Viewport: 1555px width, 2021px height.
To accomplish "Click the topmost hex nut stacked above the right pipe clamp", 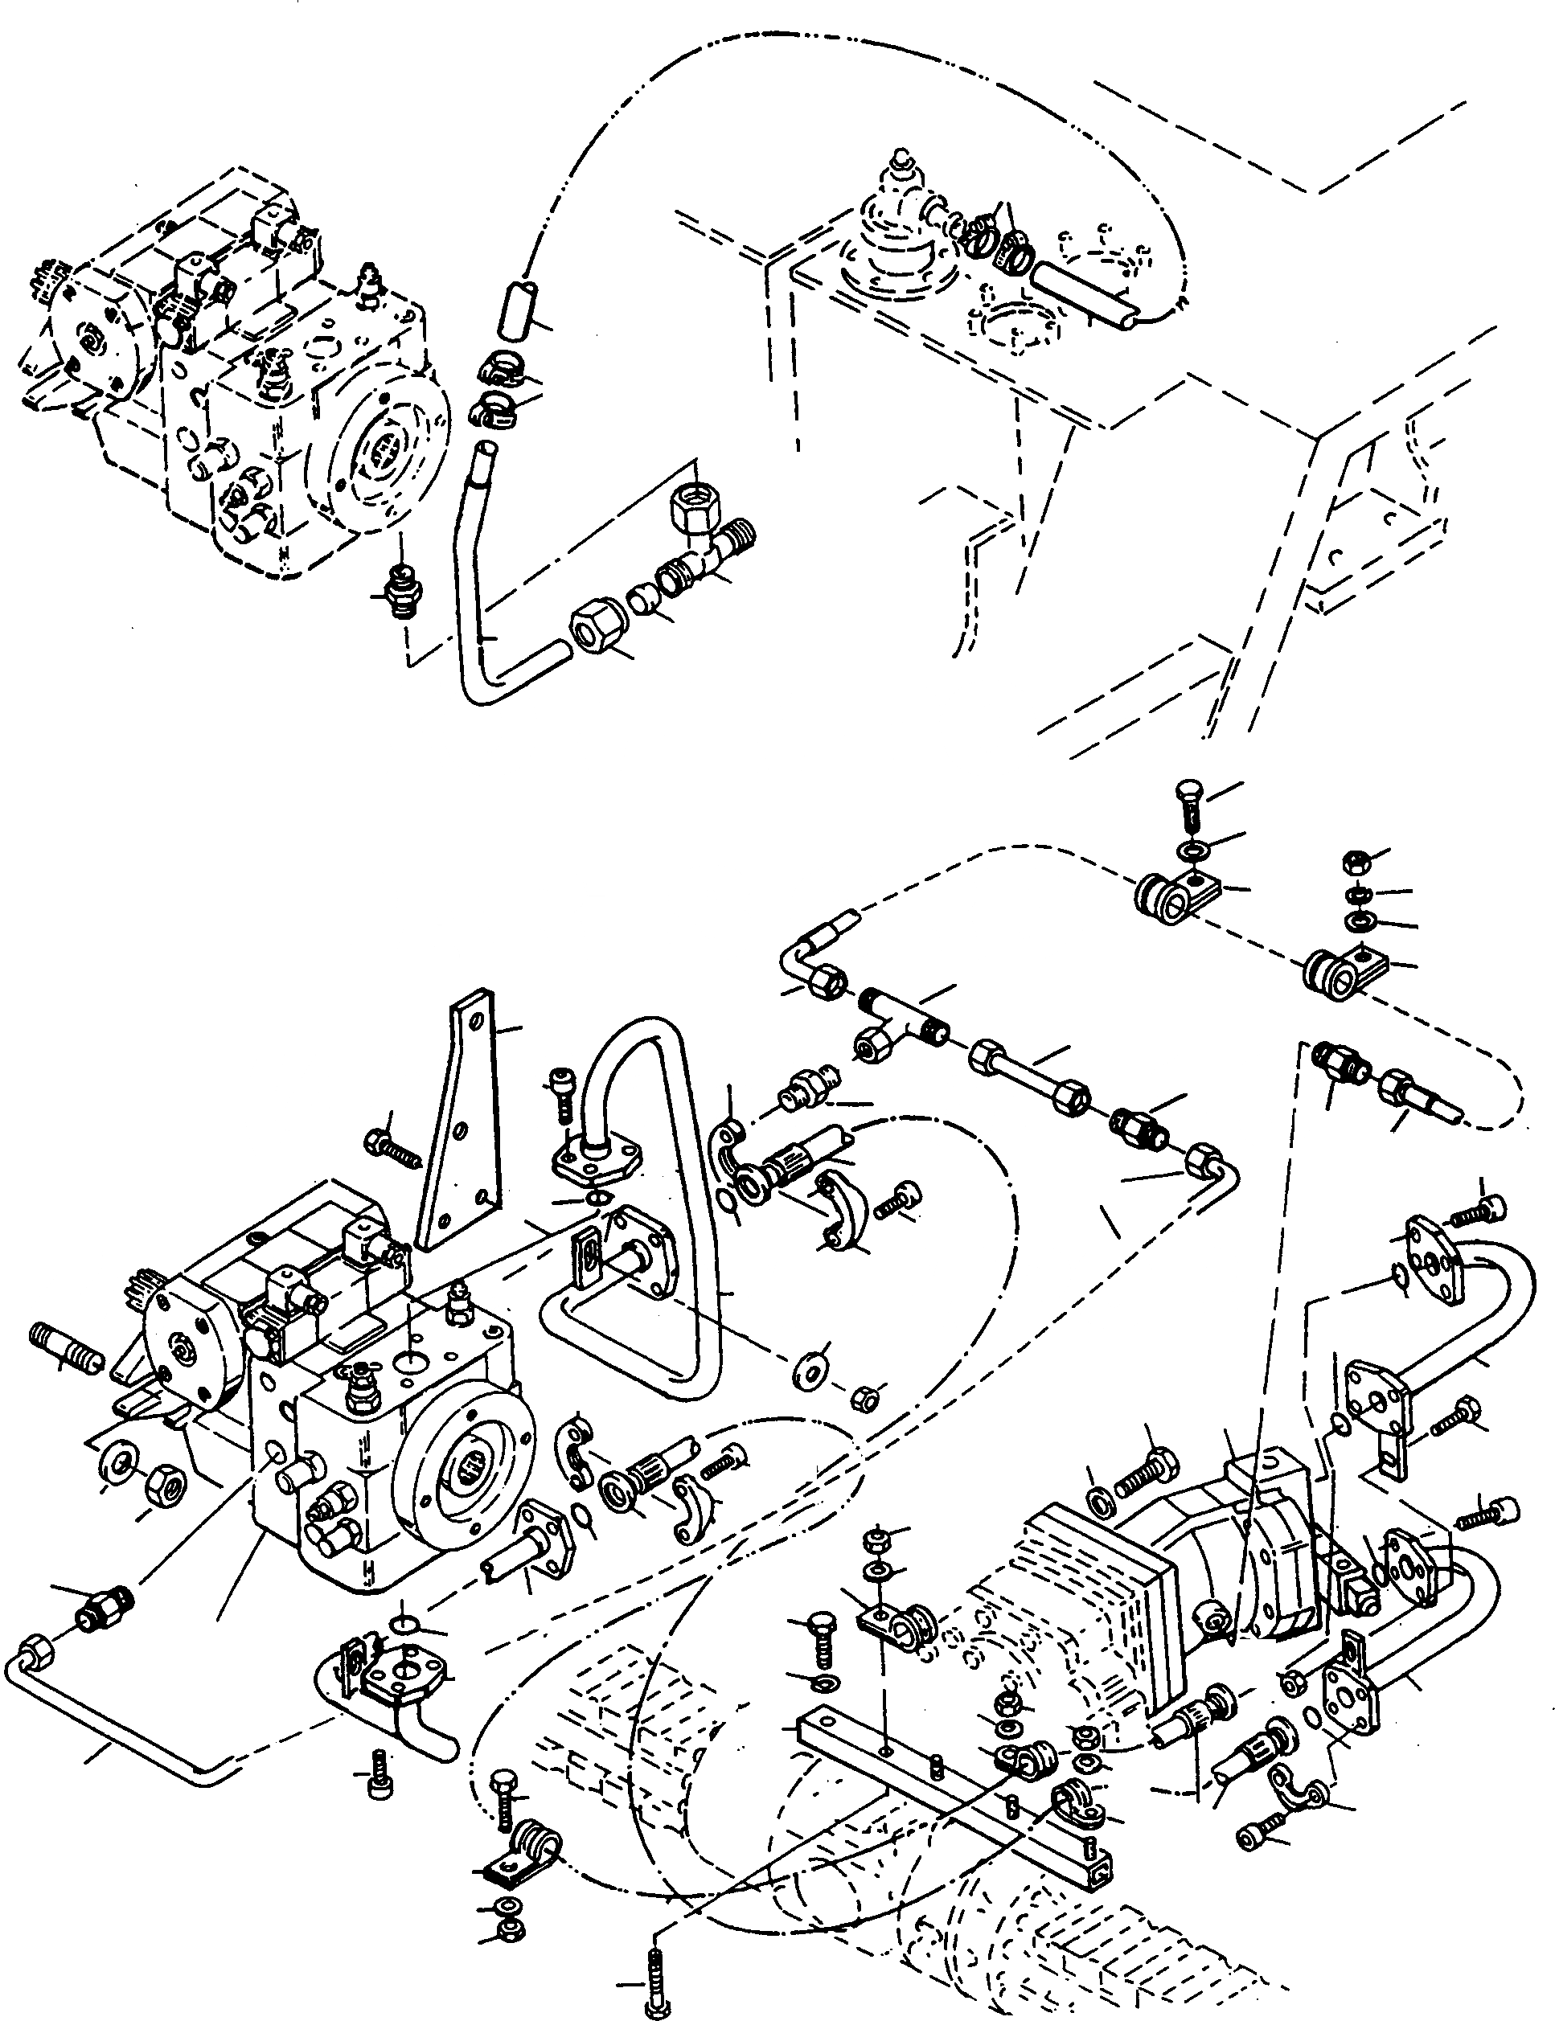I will pos(1352,863).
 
